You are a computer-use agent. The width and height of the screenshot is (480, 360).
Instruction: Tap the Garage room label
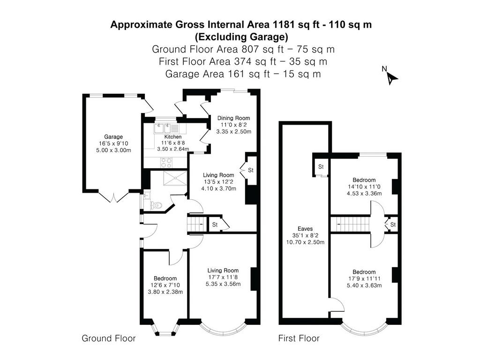(113, 137)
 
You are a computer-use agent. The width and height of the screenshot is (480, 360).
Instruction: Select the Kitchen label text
(173, 137)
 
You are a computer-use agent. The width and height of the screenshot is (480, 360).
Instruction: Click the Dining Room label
(233, 118)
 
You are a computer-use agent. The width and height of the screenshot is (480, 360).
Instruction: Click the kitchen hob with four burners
(167, 163)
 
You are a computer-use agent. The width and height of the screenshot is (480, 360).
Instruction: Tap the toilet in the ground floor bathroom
(156, 205)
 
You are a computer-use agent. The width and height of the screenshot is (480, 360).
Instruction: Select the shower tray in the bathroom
(175, 178)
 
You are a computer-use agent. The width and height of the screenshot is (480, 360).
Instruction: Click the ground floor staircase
(195, 225)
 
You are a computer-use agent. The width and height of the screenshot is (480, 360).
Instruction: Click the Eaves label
(305, 229)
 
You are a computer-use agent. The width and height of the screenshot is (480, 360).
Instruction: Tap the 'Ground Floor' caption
(109, 338)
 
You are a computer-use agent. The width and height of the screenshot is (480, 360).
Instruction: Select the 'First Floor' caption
(299, 338)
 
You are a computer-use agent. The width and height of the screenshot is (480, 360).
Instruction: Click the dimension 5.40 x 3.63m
(364, 285)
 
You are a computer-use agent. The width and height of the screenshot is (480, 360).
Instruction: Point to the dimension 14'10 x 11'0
(364, 187)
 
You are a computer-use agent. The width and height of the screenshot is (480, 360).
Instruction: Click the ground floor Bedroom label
(165, 278)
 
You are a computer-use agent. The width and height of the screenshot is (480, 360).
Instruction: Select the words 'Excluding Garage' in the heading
(242, 37)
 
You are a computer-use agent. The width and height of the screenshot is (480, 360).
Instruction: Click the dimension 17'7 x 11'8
(223, 277)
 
